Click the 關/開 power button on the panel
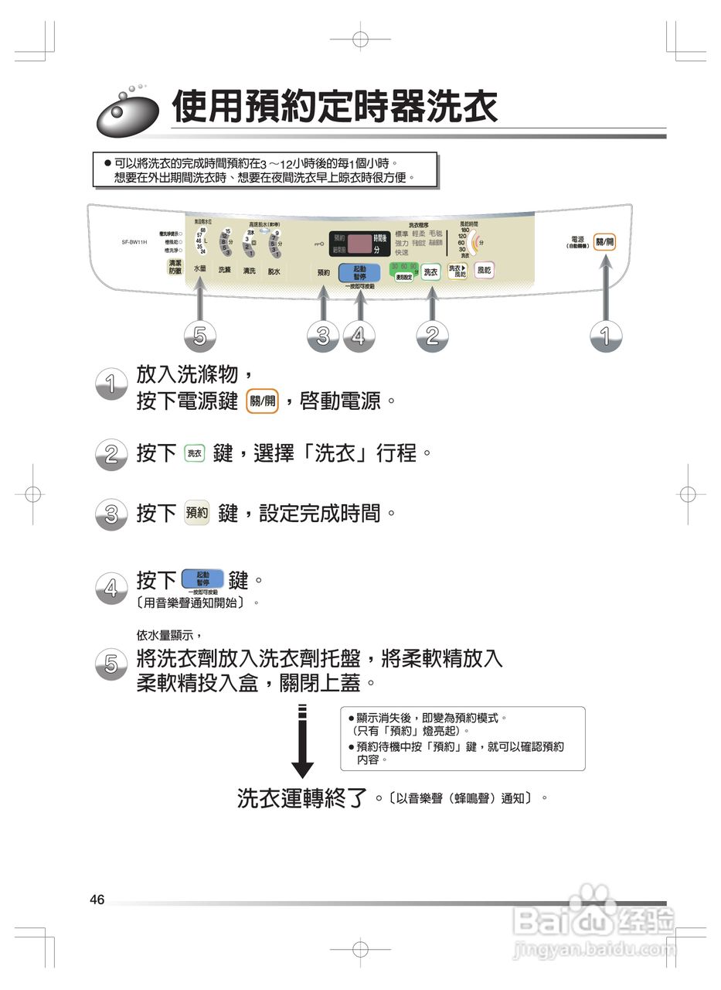click(x=604, y=243)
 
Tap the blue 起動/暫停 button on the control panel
click(x=359, y=272)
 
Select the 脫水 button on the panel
click(x=274, y=271)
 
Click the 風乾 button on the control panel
click(x=484, y=270)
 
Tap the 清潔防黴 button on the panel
click(x=175, y=267)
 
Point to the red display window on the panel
click(x=359, y=244)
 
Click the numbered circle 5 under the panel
click(x=199, y=336)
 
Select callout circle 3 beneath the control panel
click(x=322, y=336)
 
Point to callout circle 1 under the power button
click(x=605, y=336)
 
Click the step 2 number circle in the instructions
click(x=111, y=454)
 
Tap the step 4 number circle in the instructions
click(x=111, y=589)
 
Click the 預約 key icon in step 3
click(x=197, y=513)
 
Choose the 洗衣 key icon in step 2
click(x=195, y=454)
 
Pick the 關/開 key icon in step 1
click(x=261, y=401)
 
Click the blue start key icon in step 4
click(x=202, y=579)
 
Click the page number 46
click(x=97, y=900)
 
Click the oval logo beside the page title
click(x=127, y=113)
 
